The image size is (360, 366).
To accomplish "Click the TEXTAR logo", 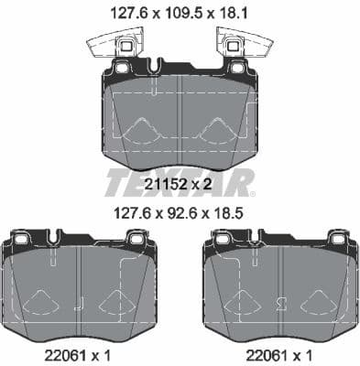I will [x=179, y=182].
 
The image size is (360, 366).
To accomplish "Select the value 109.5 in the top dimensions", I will [x=180, y=13].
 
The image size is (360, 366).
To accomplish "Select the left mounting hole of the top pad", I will [x=121, y=68].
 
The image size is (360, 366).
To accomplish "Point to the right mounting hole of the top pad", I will [x=236, y=68].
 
